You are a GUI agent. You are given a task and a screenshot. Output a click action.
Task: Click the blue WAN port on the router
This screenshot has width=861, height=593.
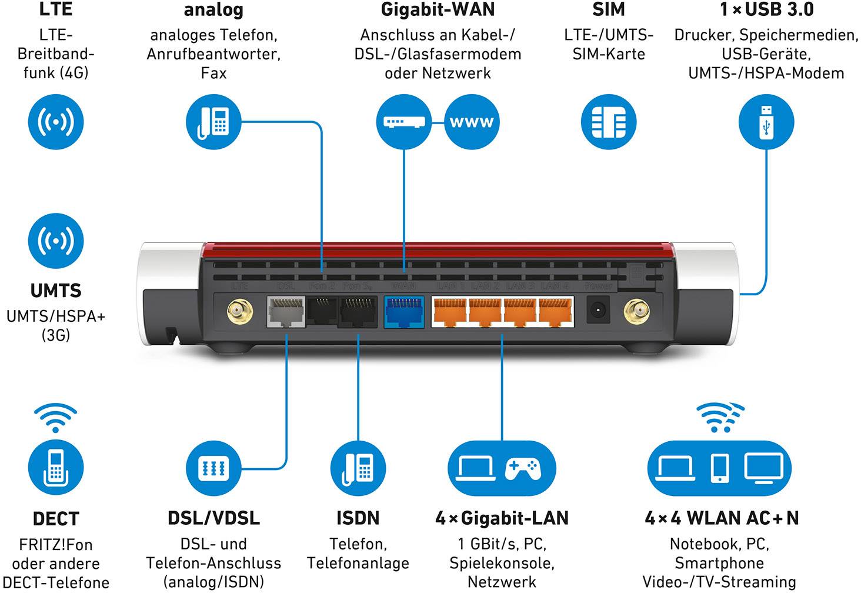(403, 312)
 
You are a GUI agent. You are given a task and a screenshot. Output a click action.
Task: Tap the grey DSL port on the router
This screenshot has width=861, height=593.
(286, 312)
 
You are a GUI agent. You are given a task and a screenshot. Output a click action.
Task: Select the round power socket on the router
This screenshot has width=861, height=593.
(599, 310)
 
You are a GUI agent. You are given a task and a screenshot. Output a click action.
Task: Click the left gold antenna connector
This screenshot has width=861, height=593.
(240, 311)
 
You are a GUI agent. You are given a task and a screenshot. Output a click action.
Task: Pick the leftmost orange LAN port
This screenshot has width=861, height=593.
(449, 312)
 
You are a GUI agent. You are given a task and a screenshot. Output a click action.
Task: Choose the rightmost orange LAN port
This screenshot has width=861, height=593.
(556, 312)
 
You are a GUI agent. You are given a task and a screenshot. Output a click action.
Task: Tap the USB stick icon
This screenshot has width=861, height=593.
(766, 122)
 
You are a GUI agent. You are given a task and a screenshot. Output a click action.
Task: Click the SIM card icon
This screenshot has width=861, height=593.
(608, 122)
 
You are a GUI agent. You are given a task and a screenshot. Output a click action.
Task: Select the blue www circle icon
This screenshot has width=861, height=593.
(472, 122)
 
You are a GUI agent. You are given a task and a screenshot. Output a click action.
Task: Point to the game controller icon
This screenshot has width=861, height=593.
(522, 468)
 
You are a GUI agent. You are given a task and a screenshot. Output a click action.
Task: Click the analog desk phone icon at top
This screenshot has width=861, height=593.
(213, 122)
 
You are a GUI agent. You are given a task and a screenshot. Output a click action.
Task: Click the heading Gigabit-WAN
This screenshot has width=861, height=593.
(438, 10)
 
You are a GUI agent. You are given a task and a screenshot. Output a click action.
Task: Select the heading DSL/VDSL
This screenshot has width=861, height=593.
(213, 518)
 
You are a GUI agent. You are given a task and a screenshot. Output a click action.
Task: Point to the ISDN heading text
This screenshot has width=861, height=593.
(358, 518)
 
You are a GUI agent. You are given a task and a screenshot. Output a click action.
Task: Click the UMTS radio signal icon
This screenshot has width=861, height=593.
(56, 241)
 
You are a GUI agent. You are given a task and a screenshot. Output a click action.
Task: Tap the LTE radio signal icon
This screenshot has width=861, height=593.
(56, 122)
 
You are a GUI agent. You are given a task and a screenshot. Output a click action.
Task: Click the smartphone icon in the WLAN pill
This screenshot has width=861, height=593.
(719, 468)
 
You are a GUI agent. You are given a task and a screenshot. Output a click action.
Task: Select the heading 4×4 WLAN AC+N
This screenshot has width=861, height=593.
(722, 518)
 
